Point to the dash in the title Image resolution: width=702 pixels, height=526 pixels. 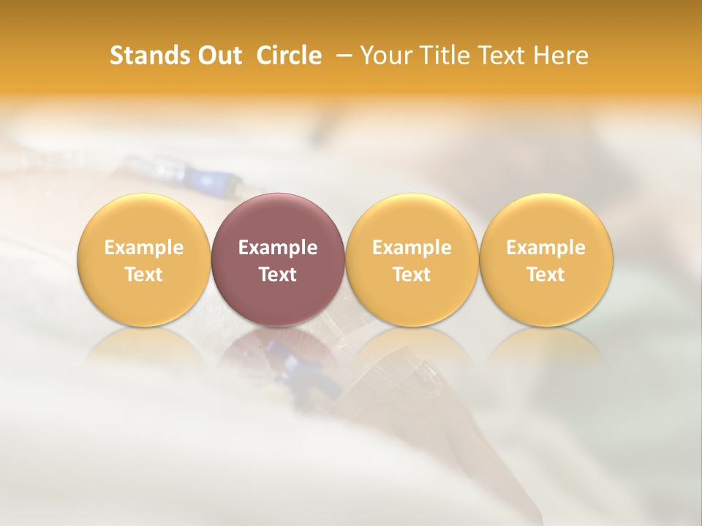(x=341, y=56)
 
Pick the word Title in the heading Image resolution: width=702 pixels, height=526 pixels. (x=439, y=56)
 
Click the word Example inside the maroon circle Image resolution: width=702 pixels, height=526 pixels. (x=278, y=248)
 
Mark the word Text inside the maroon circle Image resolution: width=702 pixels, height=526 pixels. (x=278, y=275)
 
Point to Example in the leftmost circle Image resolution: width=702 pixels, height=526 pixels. (x=143, y=248)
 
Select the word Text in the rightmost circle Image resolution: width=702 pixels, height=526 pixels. (x=546, y=275)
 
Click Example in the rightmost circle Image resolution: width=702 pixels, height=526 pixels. (x=546, y=248)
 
